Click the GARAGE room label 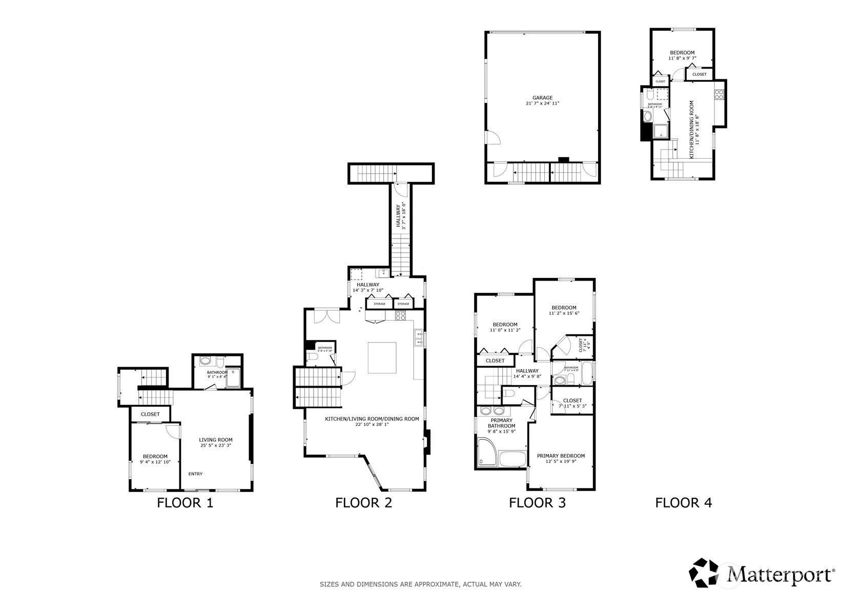(542, 98)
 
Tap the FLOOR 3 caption (537, 503)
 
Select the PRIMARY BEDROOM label (561, 456)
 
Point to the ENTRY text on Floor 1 (195, 474)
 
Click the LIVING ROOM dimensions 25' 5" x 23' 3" (216, 445)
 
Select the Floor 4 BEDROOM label (682, 53)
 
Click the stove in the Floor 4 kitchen (719, 94)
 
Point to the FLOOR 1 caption (185, 503)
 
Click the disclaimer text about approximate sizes (421, 584)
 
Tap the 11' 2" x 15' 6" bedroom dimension (564, 313)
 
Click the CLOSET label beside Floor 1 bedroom (150, 414)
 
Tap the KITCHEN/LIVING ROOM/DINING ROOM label (372, 419)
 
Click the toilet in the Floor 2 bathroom (312, 357)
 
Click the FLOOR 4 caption (683, 503)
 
